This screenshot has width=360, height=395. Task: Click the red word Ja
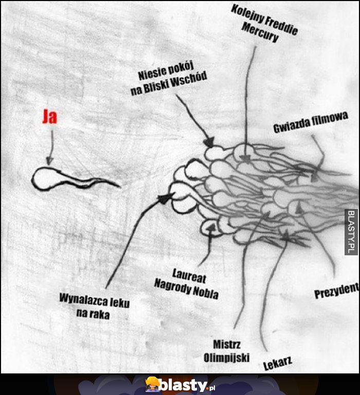coord(49,117)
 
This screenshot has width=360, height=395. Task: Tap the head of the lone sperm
coord(45,178)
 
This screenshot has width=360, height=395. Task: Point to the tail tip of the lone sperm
coord(119,186)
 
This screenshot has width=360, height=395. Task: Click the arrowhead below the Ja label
coord(49,161)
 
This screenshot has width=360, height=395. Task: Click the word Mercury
coord(260,33)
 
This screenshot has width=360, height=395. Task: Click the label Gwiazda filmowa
coord(311,122)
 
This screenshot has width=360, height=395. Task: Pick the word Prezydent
coord(336,290)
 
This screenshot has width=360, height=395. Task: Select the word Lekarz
coord(278,363)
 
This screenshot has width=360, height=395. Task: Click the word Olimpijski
coord(227,358)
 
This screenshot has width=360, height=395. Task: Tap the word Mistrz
coord(227,344)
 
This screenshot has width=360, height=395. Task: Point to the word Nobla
coord(206,292)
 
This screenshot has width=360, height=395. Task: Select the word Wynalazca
coord(80,299)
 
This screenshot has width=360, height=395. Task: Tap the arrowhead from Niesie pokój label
coord(209,142)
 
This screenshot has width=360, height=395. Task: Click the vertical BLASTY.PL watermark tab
coord(351,232)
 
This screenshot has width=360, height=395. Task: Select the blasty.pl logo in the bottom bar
coord(180,385)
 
